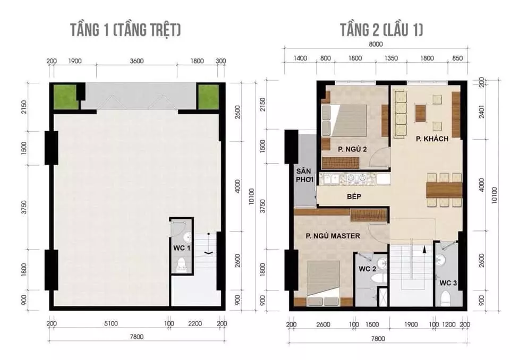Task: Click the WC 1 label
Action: coord(182,248)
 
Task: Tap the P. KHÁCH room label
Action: coord(432,139)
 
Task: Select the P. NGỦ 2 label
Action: coord(352,149)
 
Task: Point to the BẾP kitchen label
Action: coord(354,196)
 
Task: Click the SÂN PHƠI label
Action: coord(304,175)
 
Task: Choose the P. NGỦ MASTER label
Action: coord(333,236)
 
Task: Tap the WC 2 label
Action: coord(367,269)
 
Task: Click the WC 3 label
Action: coord(448,283)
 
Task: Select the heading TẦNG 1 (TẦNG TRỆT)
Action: coord(125,30)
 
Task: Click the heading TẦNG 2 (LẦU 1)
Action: coord(381,30)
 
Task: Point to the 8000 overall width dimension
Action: coord(376,44)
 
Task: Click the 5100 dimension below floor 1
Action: coord(111,323)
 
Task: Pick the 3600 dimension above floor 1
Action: coord(137,61)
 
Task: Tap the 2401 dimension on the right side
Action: coord(482,111)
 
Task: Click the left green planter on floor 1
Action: coord(65,97)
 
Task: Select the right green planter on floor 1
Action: coord(208,97)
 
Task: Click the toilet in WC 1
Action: coord(180,265)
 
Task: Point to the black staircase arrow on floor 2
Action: coord(424,249)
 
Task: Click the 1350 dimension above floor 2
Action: coord(391,58)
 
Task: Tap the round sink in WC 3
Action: coord(441,260)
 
